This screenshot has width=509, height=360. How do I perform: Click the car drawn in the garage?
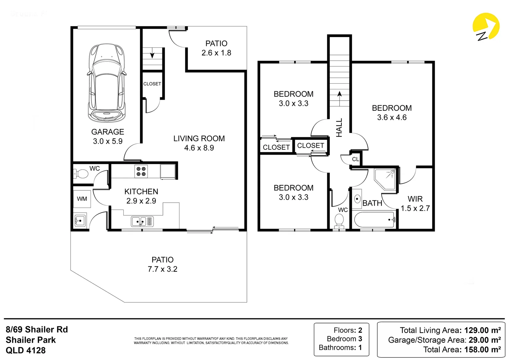click(107, 83)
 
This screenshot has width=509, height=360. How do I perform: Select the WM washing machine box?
click(82, 199)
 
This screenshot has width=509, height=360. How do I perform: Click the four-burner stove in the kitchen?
click(141, 171)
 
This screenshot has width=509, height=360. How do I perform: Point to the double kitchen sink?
click(142, 221)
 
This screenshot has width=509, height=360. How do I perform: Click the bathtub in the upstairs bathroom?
click(375, 219)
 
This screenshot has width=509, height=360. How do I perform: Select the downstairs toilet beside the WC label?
click(80, 174)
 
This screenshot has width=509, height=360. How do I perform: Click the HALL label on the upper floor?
click(339, 128)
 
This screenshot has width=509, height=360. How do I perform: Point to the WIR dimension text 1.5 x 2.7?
click(415, 208)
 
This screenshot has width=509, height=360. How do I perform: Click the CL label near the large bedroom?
click(355, 159)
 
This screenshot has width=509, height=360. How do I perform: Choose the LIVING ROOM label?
click(199, 138)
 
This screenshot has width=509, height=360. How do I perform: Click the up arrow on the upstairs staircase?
click(339, 99)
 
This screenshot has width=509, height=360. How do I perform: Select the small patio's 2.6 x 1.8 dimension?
click(216, 53)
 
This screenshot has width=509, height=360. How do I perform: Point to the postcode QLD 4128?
click(26, 350)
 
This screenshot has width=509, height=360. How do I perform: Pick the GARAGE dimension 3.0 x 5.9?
click(108, 141)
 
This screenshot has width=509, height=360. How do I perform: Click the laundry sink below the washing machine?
click(80, 220)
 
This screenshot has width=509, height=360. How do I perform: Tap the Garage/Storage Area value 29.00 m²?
click(485, 340)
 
